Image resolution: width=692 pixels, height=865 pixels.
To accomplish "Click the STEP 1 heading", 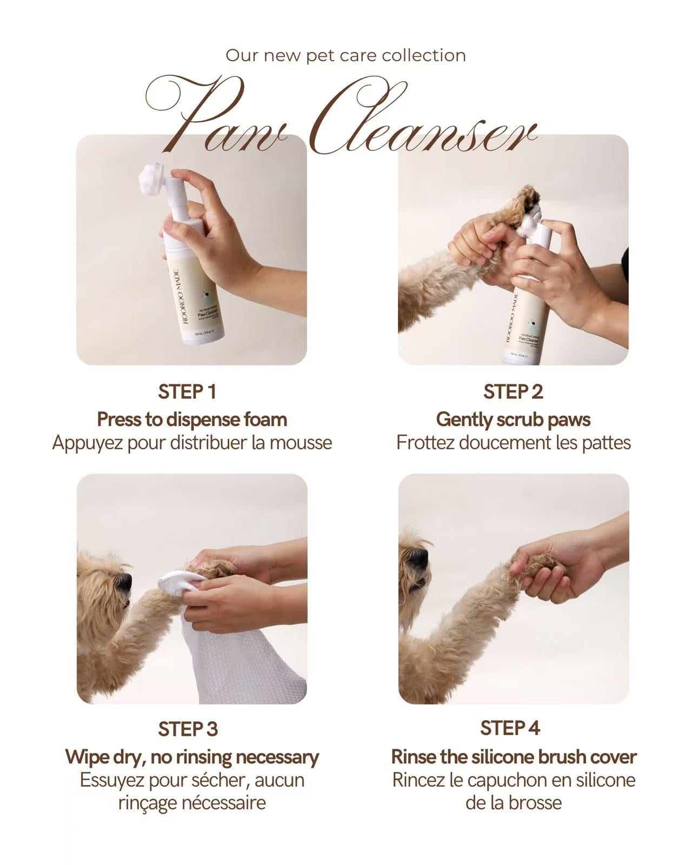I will [x=187, y=392].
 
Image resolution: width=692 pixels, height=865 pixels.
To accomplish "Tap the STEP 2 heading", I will [x=513, y=392].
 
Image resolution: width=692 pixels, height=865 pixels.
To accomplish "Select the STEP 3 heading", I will [x=187, y=729].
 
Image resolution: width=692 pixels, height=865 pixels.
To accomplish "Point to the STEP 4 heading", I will [x=510, y=728].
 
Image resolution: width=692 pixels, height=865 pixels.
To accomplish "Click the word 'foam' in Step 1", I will [x=265, y=420].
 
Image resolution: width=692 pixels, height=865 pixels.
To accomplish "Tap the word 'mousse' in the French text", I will [x=301, y=443].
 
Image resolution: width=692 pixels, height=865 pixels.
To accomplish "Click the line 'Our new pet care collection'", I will [x=345, y=55].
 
